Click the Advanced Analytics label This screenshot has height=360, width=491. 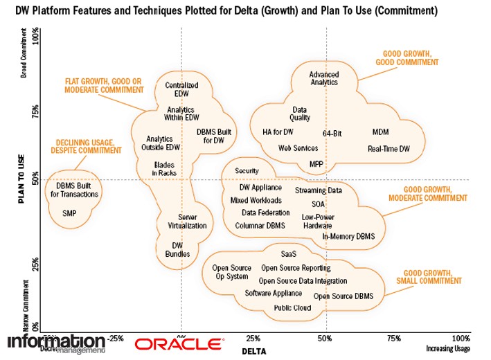tap(323, 78)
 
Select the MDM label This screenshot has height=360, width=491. tap(381, 132)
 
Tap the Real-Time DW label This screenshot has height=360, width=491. tap(389, 148)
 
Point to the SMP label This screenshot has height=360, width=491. tap(69, 213)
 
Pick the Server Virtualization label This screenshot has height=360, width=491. tap(187, 222)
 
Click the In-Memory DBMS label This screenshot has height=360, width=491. tap(348, 237)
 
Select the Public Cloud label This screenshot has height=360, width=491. tap(292, 307)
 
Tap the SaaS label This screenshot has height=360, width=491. tap(289, 254)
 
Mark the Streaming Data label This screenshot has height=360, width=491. tap(319, 190)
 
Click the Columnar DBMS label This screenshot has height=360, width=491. tap(260, 226)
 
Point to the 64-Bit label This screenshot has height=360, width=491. tap(332, 133)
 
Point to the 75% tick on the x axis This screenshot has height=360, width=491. tap(394, 339)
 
